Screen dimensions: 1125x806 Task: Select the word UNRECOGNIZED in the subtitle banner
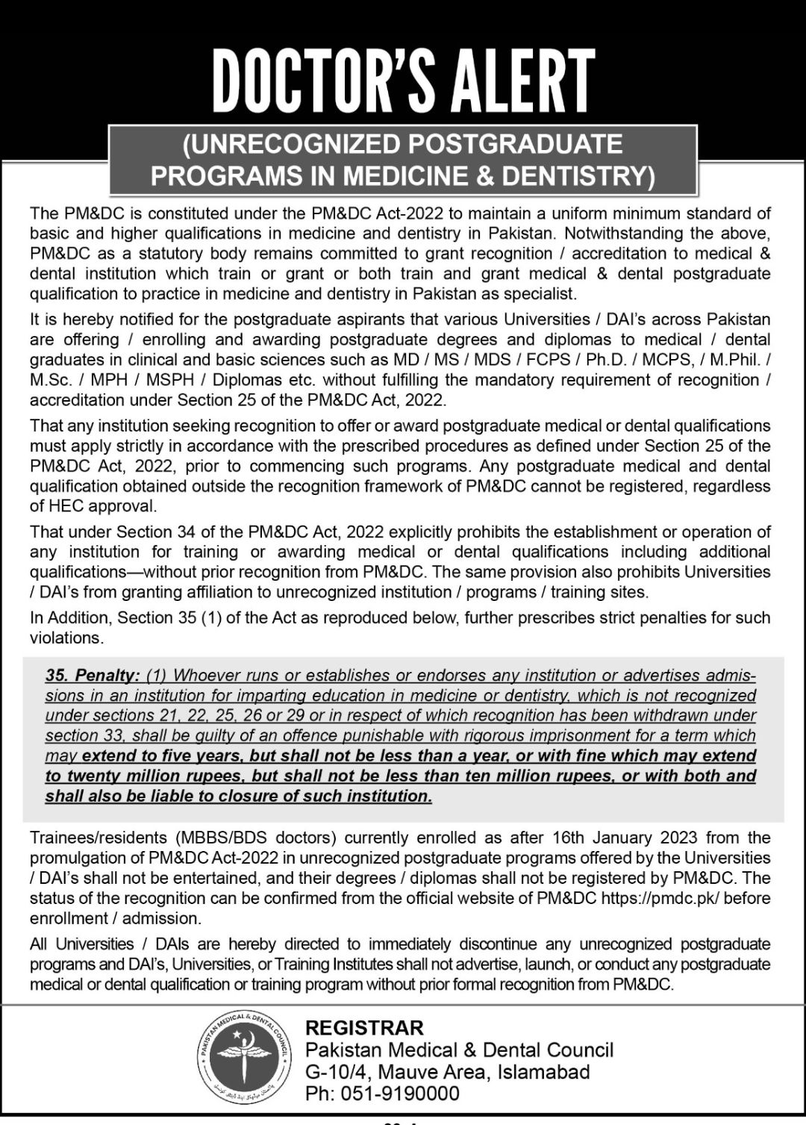click(295, 143)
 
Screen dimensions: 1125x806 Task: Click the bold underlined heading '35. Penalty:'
click(93, 676)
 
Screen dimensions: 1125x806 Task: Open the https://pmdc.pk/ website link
click(660, 898)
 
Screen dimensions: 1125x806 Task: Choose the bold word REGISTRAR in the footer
click(364, 1029)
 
